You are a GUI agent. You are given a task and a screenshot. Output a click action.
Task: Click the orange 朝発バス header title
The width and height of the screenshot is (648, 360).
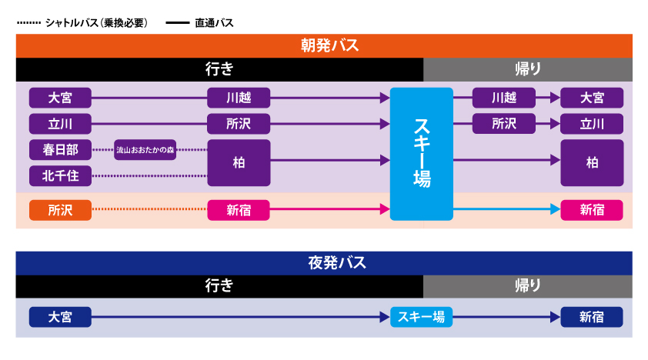click(324, 45)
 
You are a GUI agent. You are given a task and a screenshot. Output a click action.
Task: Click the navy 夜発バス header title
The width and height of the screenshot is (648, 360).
click(324, 263)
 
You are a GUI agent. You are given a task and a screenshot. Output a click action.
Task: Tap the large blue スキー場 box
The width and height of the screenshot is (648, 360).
click(422, 153)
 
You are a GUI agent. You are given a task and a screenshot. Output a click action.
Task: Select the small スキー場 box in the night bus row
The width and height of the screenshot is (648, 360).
click(422, 317)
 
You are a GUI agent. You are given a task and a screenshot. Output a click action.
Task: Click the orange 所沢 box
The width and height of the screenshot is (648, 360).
click(60, 209)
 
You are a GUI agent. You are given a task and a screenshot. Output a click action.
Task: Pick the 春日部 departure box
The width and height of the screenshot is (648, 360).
click(60, 149)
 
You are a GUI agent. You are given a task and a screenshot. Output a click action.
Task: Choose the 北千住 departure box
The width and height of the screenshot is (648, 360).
click(60, 176)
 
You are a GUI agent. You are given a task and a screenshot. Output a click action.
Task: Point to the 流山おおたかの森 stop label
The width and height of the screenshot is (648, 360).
click(145, 150)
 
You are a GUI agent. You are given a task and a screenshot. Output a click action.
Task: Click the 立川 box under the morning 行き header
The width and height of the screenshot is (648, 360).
click(60, 123)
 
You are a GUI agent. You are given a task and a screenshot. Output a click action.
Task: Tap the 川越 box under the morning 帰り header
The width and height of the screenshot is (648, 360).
click(503, 98)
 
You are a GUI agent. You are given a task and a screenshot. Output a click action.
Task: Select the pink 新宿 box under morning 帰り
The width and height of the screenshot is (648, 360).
click(591, 209)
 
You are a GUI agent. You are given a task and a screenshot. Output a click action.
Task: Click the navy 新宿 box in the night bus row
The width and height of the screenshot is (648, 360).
click(591, 317)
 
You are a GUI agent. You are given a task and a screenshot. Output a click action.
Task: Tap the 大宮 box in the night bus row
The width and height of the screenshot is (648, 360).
click(60, 317)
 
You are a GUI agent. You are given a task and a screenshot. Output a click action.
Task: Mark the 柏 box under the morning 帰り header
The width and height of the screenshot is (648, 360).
click(591, 162)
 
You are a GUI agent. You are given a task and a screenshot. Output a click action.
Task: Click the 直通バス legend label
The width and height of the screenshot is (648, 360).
click(215, 23)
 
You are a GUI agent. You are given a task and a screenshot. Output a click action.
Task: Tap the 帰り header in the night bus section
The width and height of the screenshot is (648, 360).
click(527, 286)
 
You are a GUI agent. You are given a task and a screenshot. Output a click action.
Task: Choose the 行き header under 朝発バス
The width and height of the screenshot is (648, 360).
click(219, 69)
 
